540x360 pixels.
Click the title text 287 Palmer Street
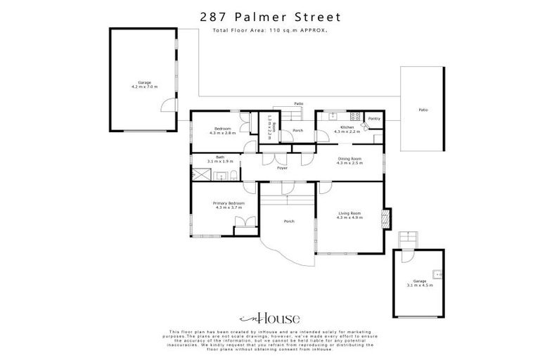click(269, 15)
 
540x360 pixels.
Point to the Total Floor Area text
click(269, 31)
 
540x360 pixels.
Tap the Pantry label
click(374, 119)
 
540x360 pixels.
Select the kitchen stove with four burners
click(356, 116)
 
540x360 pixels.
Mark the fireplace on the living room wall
click(384, 218)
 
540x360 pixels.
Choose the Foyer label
click(281, 169)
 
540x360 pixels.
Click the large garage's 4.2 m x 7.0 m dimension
click(145, 86)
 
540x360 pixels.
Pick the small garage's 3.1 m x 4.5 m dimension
click(419, 285)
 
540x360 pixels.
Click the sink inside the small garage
click(437, 274)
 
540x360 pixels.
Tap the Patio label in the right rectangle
click(423, 110)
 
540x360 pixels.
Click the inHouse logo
click(269, 318)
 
